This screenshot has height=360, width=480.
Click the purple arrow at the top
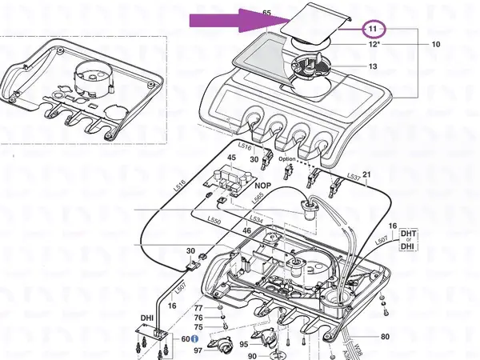click(x=232, y=22)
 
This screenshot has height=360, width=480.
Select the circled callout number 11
click(x=372, y=29)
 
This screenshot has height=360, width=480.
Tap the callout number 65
click(x=267, y=14)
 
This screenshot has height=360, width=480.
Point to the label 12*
click(x=374, y=46)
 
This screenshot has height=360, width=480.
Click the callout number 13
click(x=373, y=66)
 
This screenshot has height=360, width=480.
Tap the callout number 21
click(x=367, y=174)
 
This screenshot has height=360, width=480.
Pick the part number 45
click(x=231, y=158)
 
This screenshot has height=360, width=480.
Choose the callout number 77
click(x=199, y=307)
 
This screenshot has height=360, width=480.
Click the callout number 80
click(x=385, y=337)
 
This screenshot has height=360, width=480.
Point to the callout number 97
click(x=198, y=350)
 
